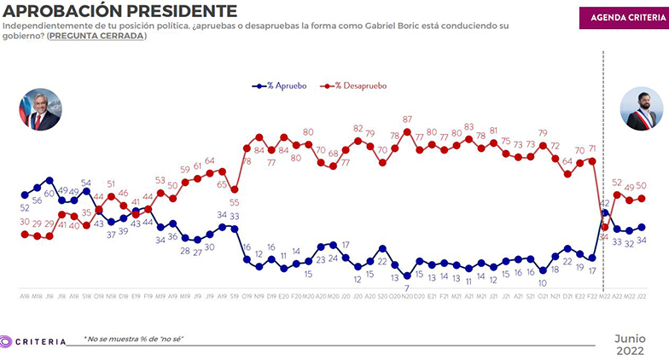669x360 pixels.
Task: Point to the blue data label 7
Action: (407, 287)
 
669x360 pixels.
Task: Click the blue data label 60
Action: (50, 194)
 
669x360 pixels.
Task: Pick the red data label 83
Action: (468, 127)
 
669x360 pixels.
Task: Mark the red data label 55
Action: (234, 202)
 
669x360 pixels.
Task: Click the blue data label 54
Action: (86, 182)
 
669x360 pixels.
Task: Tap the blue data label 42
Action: (605, 203)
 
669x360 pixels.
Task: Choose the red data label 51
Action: (111, 183)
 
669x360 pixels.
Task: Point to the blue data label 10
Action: (543, 282)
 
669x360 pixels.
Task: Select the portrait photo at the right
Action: (640, 109)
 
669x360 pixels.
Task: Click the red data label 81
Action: (493, 131)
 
